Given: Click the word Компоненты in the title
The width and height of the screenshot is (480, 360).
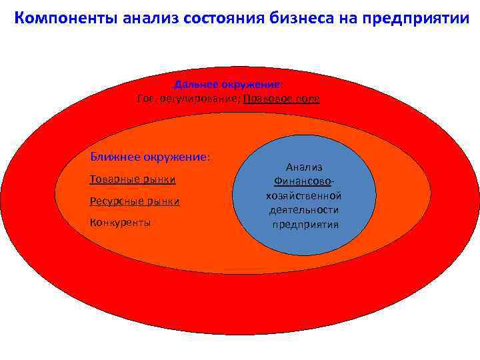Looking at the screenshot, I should (65, 17).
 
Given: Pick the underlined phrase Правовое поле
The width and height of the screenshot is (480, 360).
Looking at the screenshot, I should (281, 99).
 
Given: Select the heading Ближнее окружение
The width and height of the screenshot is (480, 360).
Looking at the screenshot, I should (150, 157).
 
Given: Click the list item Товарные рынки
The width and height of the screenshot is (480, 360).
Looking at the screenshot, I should (133, 179).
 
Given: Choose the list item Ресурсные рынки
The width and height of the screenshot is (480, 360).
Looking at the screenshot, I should (135, 201).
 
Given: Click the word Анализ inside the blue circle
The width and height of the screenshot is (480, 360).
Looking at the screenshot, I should (304, 167).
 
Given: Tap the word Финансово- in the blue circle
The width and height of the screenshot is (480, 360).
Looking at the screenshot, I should (304, 181).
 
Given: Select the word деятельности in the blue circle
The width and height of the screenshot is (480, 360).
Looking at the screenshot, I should (304, 210).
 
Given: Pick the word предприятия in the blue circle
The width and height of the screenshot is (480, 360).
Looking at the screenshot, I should (305, 225).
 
